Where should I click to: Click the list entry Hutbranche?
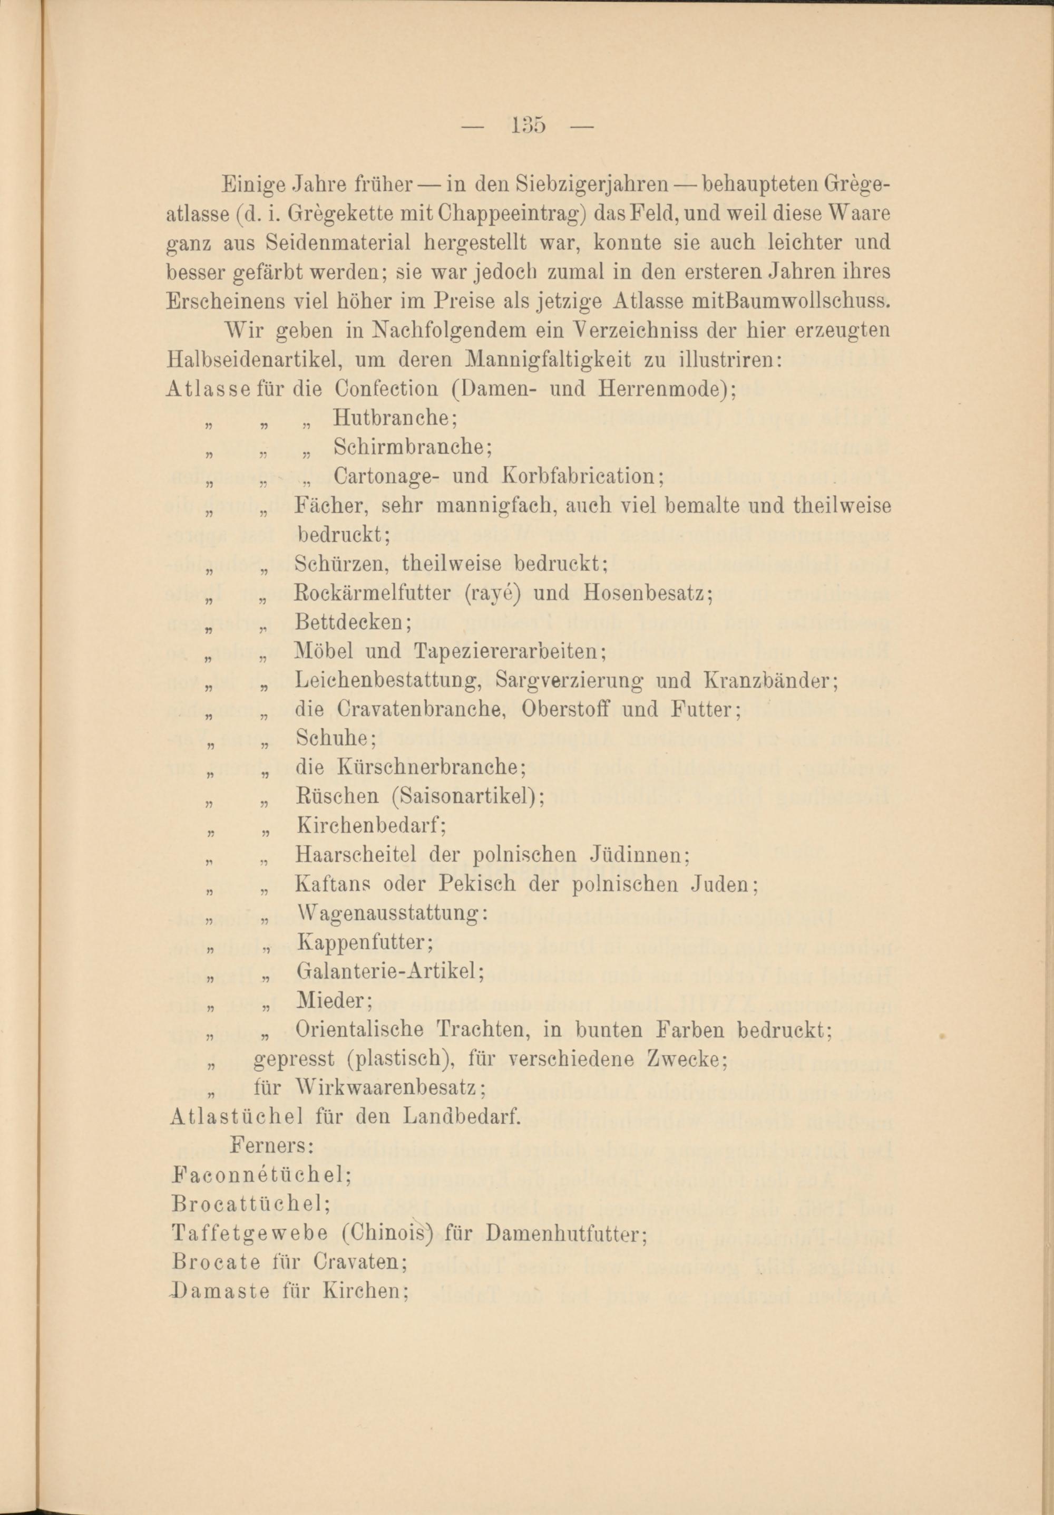point(394,418)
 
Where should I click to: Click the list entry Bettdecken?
point(352,622)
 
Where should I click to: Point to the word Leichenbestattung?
point(388,680)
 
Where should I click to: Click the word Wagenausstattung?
point(391,913)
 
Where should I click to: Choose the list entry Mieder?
point(334,1001)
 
